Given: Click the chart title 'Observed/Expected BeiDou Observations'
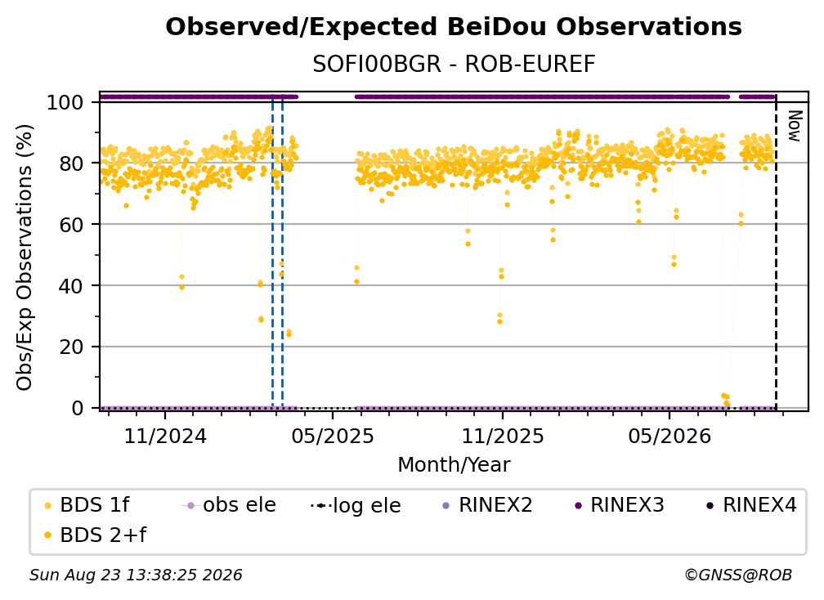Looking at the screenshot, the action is [x=454, y=27].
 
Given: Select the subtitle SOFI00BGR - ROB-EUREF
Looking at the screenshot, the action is [x=454, y=64].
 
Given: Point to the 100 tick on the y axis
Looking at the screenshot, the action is [x=65, y=102].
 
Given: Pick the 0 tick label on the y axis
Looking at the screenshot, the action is [x=78, y=408].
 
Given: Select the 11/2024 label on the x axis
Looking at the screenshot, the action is [x=165, y=436].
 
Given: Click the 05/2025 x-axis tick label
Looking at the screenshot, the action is [x=333, y=436].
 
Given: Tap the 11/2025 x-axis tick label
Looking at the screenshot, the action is [x=503, y=436].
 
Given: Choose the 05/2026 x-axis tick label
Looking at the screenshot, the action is [x=669, y=436].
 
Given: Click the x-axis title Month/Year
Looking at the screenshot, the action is [x=454, y=464].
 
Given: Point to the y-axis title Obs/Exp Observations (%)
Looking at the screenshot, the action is [x=25, y=257].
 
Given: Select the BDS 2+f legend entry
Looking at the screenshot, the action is [x=95, y=535].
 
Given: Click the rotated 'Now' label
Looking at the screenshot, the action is [x=795, y=126].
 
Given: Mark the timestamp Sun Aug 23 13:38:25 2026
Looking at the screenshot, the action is [x=136, y=575].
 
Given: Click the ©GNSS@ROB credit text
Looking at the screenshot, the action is [x=738, y=575].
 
